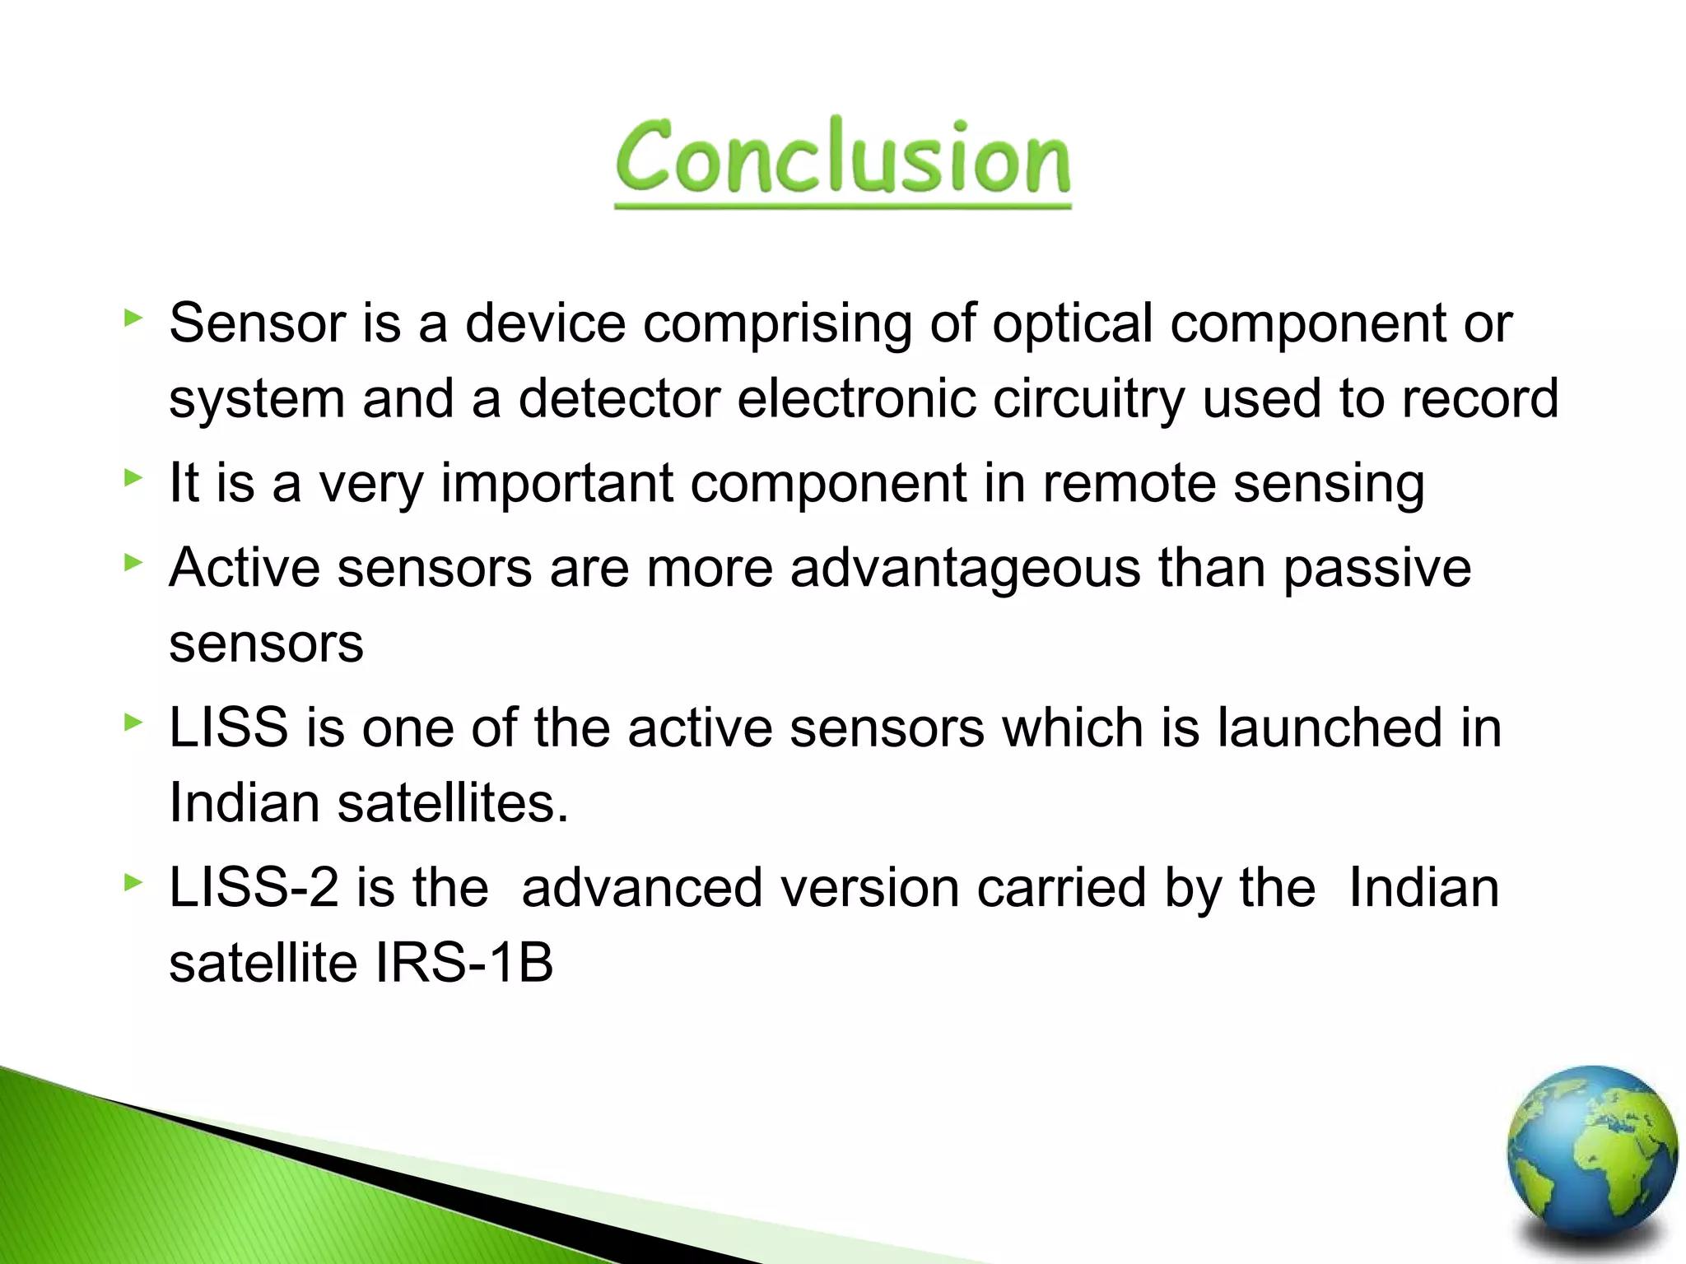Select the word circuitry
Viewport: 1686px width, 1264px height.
click(1088, 399)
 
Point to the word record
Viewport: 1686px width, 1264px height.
click(1479, 399)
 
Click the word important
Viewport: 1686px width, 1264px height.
click(557, 483)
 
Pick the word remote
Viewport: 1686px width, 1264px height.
click(1129, 483)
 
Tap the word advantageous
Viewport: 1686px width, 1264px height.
click(965, 569)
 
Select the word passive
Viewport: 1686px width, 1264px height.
click(1376, 569)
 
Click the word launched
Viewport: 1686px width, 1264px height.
click(1330, 727)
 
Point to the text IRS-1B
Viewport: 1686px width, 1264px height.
click(463, 963)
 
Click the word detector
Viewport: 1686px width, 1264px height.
click(618, 399)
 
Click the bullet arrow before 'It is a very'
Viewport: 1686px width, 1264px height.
click(133, 477)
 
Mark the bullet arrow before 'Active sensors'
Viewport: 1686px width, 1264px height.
click(133, 563)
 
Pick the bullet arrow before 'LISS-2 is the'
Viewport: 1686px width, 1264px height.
click(133, 883)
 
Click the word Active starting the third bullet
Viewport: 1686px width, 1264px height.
click(244, 569)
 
